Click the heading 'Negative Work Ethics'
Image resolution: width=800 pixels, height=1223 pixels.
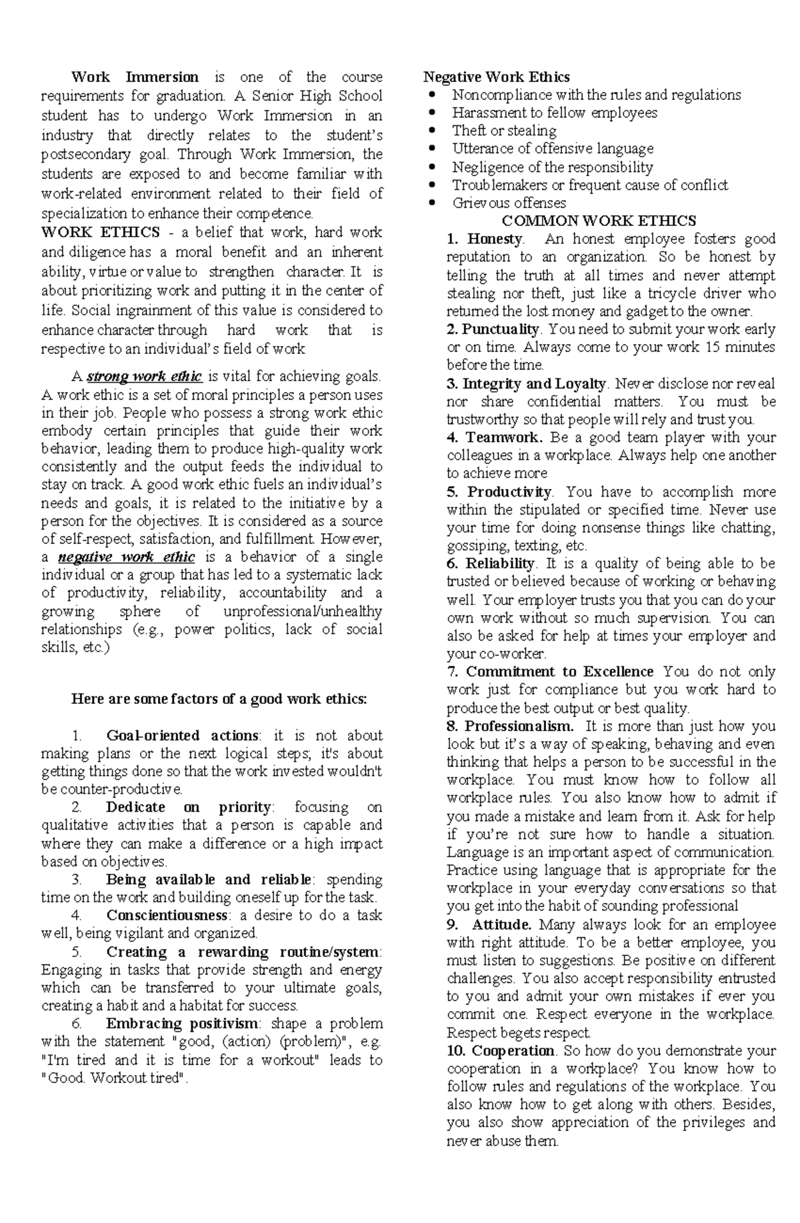click(497, 77)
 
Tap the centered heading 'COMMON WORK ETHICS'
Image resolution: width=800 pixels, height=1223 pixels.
click(599, 221)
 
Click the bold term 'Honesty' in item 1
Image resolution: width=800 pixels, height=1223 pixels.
click(495, 239)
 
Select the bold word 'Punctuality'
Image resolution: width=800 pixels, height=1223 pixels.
click(500, 329)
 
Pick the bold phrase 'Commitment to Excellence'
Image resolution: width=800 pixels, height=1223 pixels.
click(559, 671)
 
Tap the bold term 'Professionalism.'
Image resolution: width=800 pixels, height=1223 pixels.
click(519, 726)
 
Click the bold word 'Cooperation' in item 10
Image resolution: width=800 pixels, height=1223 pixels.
click(513, 1050)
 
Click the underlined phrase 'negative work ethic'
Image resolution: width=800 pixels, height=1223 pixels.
click(127, 557)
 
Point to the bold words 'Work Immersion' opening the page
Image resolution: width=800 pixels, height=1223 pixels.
click(135, 77)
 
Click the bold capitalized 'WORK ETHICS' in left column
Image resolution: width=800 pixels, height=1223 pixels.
click(101, 232)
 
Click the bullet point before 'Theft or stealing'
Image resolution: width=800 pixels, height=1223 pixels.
click(433, 131)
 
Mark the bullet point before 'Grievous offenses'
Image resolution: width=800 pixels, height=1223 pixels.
click(433, 203)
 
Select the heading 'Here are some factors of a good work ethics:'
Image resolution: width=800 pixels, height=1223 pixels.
click(219, 699)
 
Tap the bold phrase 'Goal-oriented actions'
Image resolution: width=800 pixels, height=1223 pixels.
click(182, 735)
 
